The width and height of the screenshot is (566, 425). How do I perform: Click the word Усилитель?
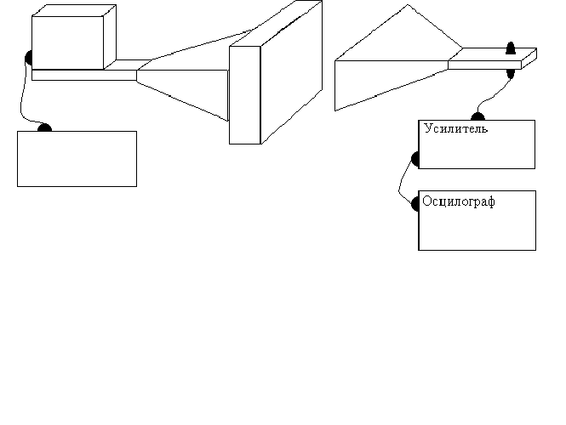click(455, 130)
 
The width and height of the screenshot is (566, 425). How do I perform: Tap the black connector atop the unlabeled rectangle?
click(44, 127)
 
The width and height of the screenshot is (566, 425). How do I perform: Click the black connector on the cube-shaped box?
click(29, 59)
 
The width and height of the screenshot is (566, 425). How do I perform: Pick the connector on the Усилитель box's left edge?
click(415, 158)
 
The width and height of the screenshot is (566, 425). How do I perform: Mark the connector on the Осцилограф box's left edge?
click(415, 204)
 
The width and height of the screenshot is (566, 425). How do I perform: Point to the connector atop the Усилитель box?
click(477, 117)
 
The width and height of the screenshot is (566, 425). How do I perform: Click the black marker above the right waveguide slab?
click(511, 48)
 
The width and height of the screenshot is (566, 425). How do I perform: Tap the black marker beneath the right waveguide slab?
click(511, 72)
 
